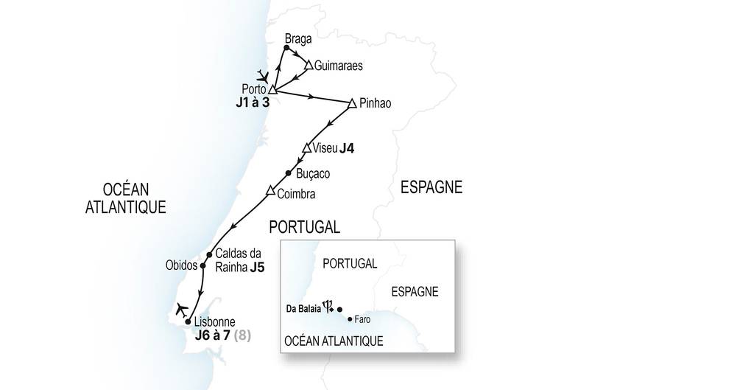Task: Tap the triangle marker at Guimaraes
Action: [x=309, y=65]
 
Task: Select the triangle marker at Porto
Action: [x=272, y=89]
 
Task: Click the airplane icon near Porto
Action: [x=263, y=75]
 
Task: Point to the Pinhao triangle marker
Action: [x=352, y=102]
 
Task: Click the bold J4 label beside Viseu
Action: [x=348, y=149]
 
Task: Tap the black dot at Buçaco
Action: [x=289, y=173]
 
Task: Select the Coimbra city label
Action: [x=297, y=195]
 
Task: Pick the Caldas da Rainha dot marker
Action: [x=210, y=255]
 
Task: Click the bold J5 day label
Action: [x=257, y=267]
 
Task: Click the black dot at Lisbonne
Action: [x=188, y=321]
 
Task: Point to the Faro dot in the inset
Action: [x=350, y=319]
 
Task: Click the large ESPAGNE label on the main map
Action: [x=431, y=188]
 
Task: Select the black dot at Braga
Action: [x=286, y=49]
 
